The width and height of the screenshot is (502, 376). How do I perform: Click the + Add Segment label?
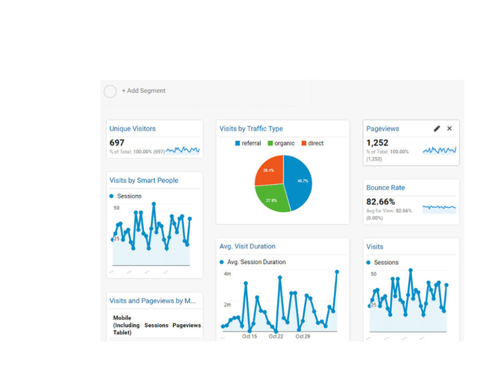tap(143, 91)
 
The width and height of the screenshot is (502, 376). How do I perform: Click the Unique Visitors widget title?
tap(133, 129)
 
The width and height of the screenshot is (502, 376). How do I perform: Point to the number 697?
tap(117, 143)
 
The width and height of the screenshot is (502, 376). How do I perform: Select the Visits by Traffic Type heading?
tap(251, 129)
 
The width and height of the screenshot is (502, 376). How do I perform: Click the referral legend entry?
tap(248, 143)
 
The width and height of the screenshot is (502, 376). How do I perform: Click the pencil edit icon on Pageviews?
tap(437, 129)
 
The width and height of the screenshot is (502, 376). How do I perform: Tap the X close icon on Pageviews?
tap(449, 129)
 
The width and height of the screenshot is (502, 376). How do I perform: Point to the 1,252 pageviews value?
tap(377, 143)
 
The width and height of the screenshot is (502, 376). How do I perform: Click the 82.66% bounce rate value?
tap(381, 202)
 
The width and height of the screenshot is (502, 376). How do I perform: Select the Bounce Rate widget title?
tap(386, 188)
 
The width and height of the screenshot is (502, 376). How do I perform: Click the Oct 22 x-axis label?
tap(276, 336)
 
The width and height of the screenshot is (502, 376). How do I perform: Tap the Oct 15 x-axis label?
tap(249, 336)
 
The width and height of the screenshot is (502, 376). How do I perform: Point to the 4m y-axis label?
tap(227, 274)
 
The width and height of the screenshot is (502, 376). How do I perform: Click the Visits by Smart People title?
tap(144, 180)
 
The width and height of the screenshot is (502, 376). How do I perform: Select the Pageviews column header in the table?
tap(187, 325)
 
